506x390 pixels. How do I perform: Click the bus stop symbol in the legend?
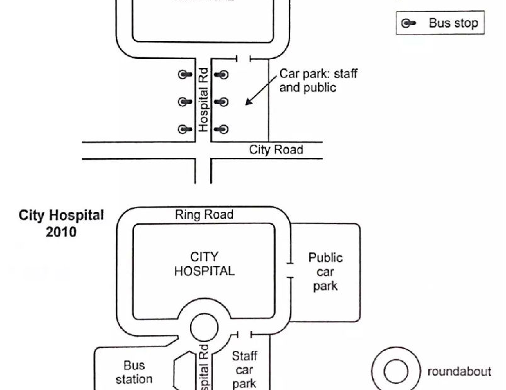408,24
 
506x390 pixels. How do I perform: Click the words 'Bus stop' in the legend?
453,24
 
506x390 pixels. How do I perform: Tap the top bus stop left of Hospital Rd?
184,74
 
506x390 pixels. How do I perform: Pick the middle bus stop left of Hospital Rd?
184,102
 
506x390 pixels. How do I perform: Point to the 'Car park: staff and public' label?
318,81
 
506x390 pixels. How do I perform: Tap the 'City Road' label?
276,150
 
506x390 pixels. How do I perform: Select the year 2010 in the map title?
61,232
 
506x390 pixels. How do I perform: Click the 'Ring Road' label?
204,215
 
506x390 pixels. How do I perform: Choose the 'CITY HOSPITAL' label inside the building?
204,264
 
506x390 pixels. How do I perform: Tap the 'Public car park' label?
325,272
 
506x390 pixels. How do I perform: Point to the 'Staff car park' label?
244,370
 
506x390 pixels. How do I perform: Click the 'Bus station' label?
133,372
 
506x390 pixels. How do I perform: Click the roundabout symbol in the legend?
396,371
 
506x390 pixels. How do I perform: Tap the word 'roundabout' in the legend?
459,371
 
